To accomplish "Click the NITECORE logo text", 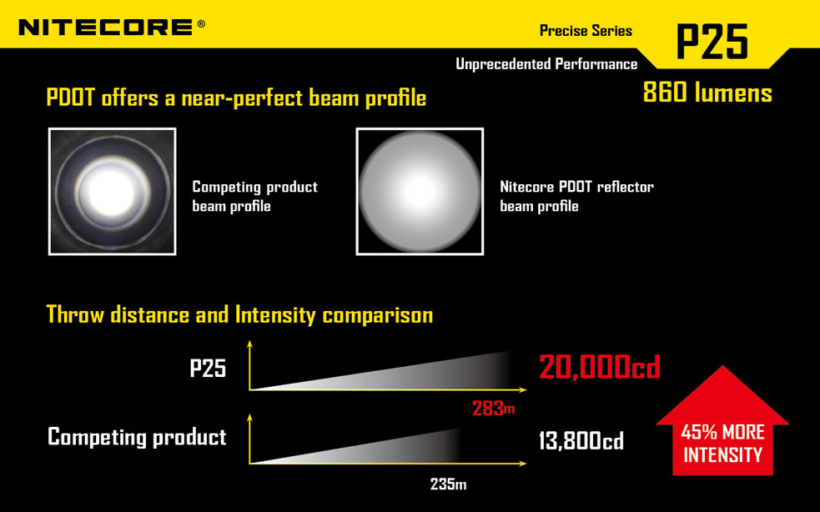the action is [x=106, y=27].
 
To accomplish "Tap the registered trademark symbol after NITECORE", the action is [x=201, y=23].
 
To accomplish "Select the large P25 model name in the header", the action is [x=712, y=42].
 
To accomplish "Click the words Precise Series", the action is [x=586, y=31].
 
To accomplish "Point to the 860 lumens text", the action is [x=707, y=93].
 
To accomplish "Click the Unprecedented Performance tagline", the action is [x=546, y=64].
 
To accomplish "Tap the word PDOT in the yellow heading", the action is [x=71, y=98].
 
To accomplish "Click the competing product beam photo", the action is [x=112, y=192].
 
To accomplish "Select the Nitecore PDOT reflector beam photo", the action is [x=420, y=192].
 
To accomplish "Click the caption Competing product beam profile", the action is [x=254, y=196].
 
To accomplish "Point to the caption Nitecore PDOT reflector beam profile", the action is [x=576, y=196].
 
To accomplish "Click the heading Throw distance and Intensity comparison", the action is [x=239, y=315].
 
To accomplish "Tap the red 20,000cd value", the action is [x=599, y=367].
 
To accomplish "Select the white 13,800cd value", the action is [x=581, y=441].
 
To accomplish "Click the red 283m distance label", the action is [x=493, y=408].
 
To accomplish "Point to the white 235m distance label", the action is [x=448, y=484].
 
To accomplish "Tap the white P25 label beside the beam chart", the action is [x=208, y=369].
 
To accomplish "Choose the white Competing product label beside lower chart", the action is [x=137, y=437].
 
